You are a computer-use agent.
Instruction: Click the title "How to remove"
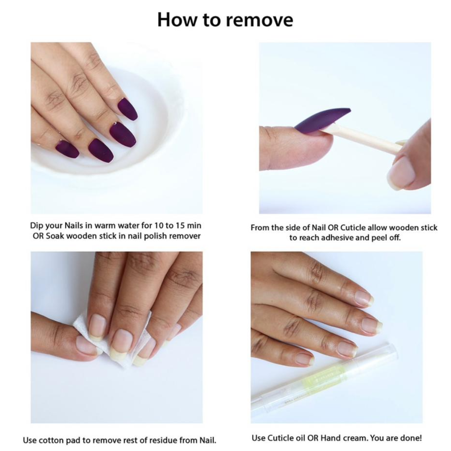click(225, 20)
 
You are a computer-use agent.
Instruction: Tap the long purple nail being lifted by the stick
click(322, 120)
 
